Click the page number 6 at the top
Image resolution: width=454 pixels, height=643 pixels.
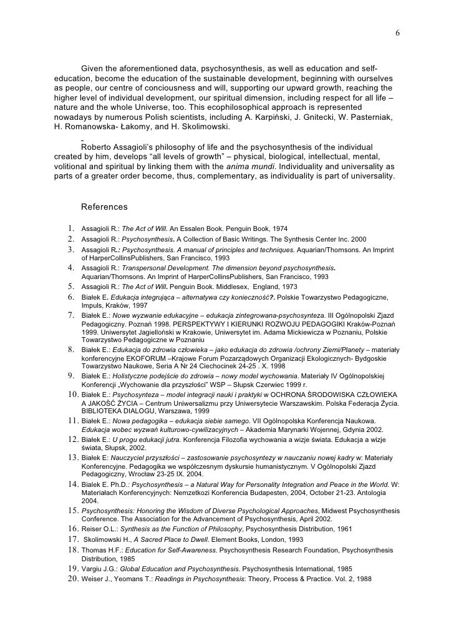tap(397, 33)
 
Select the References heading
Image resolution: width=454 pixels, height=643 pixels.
tap(104, 207)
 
